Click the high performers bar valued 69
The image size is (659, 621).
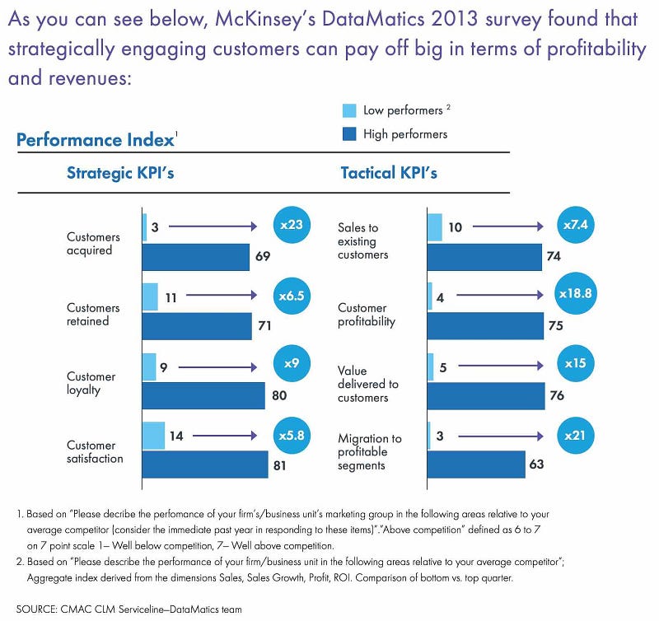[195, 257]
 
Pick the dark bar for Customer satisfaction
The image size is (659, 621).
[205, 465]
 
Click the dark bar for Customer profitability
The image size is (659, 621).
[485, 325]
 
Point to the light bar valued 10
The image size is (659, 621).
[435, 226]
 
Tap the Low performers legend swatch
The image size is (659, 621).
[348, 110]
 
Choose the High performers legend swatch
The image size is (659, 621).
[348, 133]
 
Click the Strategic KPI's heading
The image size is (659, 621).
[120, 173]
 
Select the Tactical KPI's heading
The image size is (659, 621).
[389, 173]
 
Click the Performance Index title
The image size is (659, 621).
[96, 139]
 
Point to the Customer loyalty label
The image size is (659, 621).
[91, 383]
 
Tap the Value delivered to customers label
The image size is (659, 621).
[367, 384]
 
